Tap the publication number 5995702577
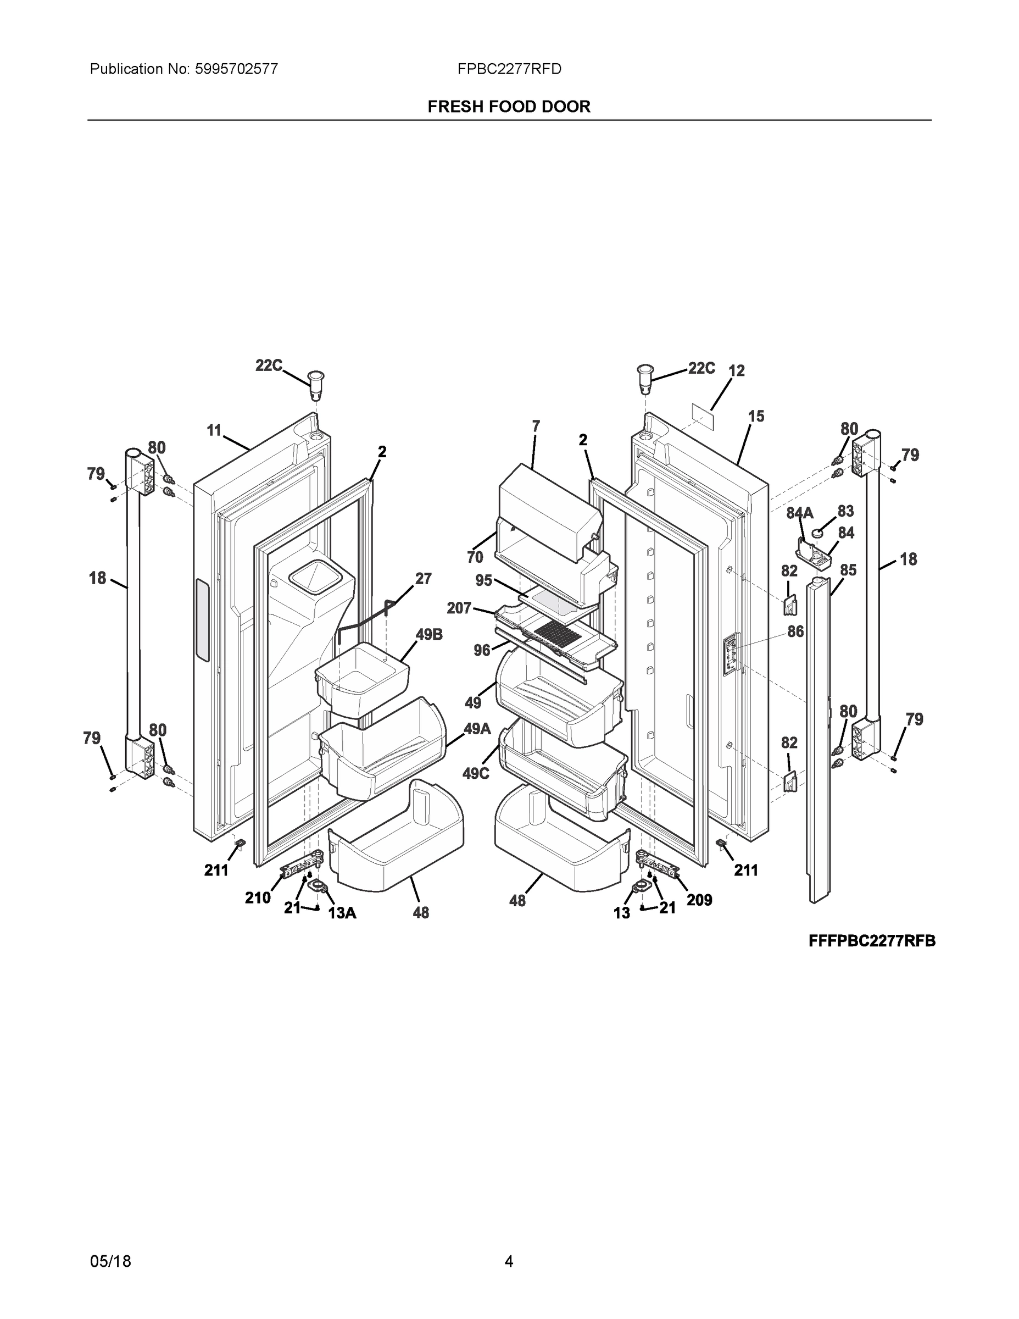pos(236,69)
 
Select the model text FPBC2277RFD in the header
pos(509,69)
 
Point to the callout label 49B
pos(429,634)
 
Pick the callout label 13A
pos(342,913)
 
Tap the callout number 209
pos(699,900)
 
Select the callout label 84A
pos(799,513)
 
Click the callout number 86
pos(795,631)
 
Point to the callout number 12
pos(737,371)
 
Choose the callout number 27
pos(423,579)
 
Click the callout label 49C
pos(476,773)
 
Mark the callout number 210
pos(258,898)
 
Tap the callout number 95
pos(483,580)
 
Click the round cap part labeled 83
pos(818,533)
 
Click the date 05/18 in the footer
pos(110,1261)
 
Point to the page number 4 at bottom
pos(509,1261)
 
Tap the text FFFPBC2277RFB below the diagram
pos(872,941)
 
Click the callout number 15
pos(756,416)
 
